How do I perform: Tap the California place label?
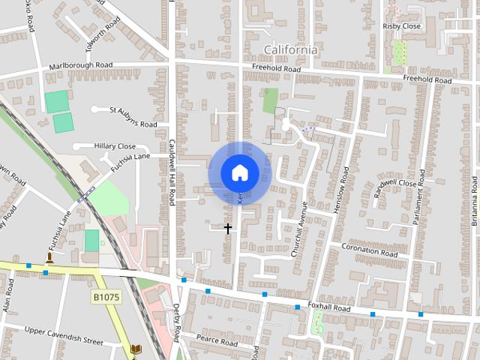pos(290,49)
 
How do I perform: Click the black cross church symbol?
pos(228,228)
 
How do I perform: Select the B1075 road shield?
pos(106,297)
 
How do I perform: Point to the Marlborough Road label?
pos(81,66)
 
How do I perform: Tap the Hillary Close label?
pos(115,146)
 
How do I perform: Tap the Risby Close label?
pos(401,26)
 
